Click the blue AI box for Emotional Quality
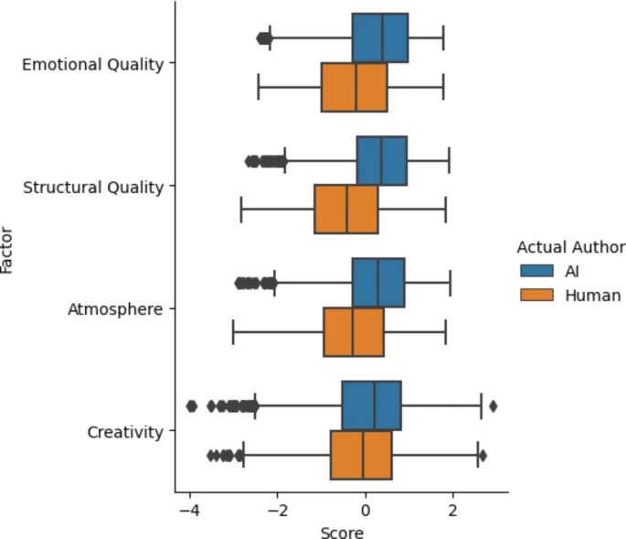pyautogui.click(x=379, y=38)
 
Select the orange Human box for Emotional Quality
pyautogui.click(x=354, y=87)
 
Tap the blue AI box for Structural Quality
pyautogui.click(x=381, y=161)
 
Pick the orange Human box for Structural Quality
pyautogui.click(x=345, y=210)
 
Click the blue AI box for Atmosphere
pyautogui.click(x=378, y=283)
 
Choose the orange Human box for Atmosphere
pyautogui.click(x=354, y=332)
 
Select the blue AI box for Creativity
pyautogui.click(x=371, y=405)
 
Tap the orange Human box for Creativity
pyautogui.click(x=361, y=455)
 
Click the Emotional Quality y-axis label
pyautogui.click(x=92, y=64)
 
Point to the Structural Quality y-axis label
pyautogui.click(x=92, y=187)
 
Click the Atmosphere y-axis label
pyautogui.click(x=115, y=309)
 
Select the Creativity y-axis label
pyautogui.click(x=124, y=431)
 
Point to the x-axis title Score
pyautogui.click(x=342, y=532)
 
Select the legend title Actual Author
pyautogui.click(x=570, y=247)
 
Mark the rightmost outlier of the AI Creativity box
pyautogui.click(x=493, y=405)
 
